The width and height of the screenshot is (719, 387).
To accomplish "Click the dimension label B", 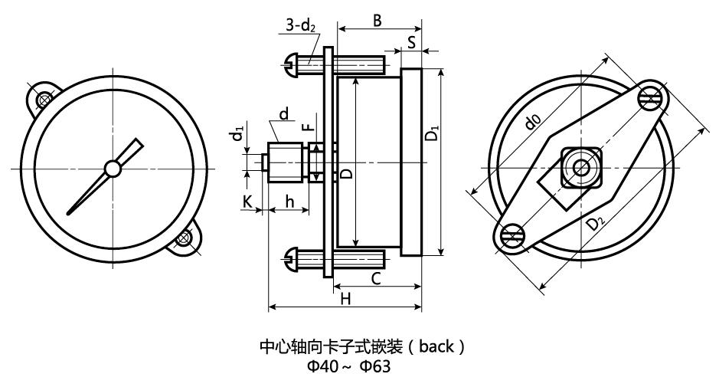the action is (377, 20).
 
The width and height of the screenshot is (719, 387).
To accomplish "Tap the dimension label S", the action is (411, 42).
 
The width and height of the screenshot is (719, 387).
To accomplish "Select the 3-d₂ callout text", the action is (301, 25).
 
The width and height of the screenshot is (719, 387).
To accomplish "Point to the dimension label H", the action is (345, 299).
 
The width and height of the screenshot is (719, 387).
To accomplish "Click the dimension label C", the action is (375, 278).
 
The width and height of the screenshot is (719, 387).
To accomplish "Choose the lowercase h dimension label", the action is (289, 201).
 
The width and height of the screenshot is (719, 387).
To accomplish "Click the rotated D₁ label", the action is (432, 133).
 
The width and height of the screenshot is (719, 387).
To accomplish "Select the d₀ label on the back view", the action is (533, 121).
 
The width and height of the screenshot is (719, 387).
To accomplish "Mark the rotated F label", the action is (309, 126).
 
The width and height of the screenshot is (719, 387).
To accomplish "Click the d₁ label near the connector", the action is (237, 135).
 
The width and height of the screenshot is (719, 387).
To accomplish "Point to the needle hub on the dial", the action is (113, 169).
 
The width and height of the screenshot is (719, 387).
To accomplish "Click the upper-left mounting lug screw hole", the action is (44, 99).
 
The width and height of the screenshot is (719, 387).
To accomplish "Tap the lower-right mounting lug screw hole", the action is (184, 238).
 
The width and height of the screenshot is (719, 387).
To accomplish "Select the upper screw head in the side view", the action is (291, 64).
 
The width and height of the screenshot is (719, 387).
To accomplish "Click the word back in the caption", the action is (436, 346).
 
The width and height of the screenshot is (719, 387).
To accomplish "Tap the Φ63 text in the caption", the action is (375, 366).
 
